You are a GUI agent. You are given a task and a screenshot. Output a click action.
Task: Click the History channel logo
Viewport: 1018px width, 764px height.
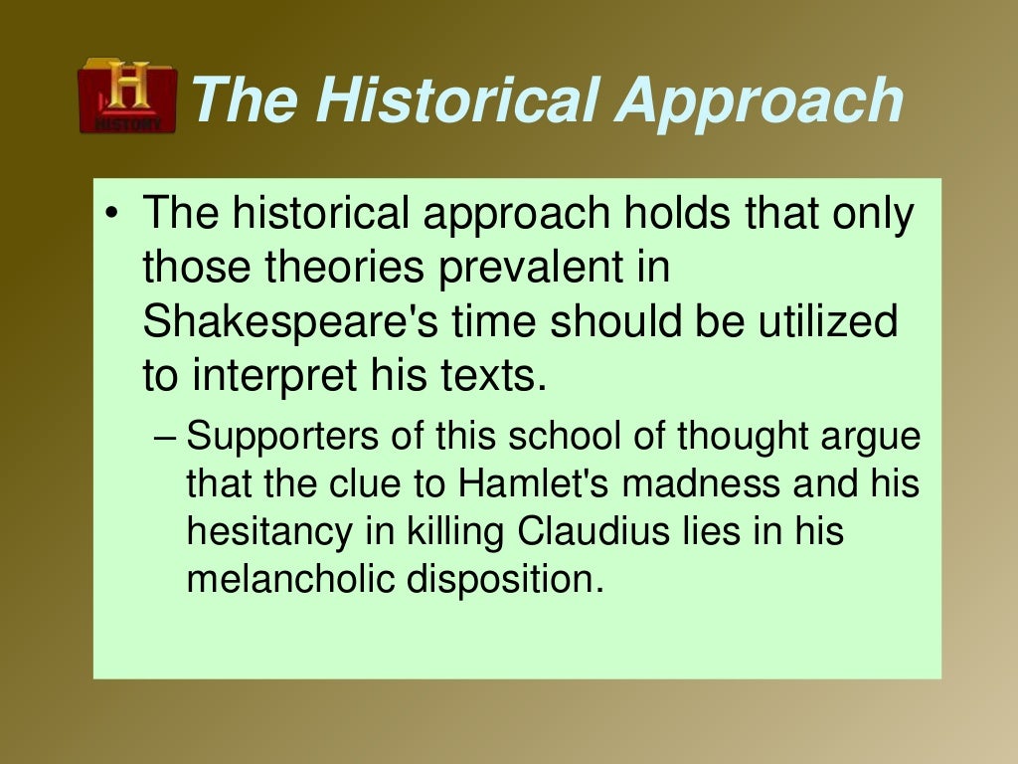click(126, 96)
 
